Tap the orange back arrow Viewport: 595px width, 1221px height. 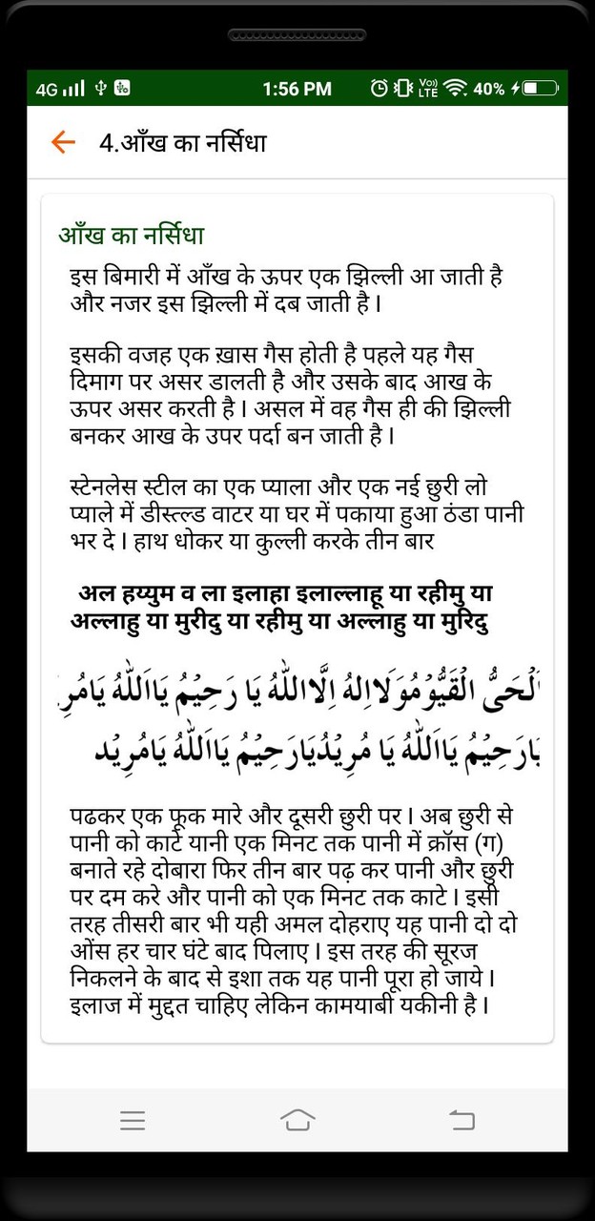pos(63,143)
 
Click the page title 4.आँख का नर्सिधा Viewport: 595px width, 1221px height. pos(183,143)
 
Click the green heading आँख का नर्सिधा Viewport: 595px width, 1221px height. pos(132,235)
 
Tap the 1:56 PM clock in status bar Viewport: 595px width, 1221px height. pos(297,89)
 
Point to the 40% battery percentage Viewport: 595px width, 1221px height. pos(488,89)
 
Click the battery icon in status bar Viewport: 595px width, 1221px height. pos(539,89)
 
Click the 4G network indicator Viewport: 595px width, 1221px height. pos(47,90)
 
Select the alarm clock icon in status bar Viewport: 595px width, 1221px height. pos(379,89)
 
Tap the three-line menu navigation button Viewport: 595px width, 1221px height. pos(133,1120)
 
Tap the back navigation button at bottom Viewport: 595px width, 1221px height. pos(462,1120)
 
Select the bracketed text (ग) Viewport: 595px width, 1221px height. pos(497,843)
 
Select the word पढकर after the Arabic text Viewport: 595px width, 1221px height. pos(102,818)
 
